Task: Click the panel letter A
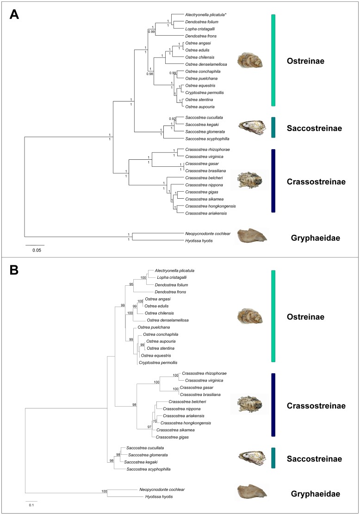[14, 15]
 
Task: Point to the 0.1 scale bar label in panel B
[31, 505]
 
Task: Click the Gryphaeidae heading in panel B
[313, 494]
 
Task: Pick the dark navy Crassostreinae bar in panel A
[273, 181]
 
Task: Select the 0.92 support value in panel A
[172, 119]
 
